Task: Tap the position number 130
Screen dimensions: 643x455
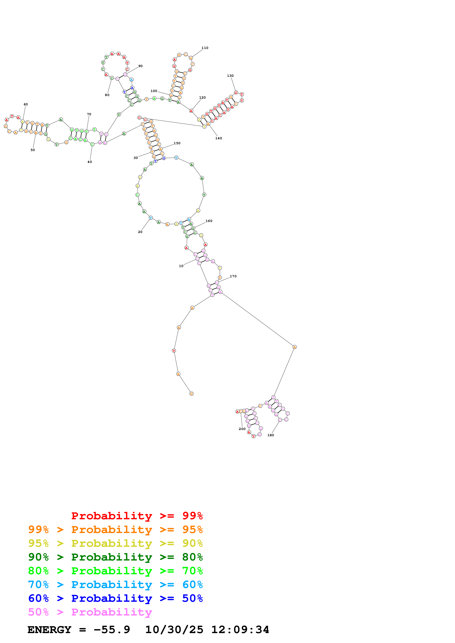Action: coord(230,76)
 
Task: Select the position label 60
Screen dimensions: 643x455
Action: coord(26,104)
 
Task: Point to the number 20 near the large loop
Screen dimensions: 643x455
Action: coord(140,232)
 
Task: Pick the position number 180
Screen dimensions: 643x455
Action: coord(271,435)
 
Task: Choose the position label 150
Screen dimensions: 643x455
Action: coord(177,143)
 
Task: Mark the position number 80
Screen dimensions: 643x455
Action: coord(107,95)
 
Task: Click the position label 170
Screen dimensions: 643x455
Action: coord(233,276)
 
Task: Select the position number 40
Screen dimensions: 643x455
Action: coord(90,162)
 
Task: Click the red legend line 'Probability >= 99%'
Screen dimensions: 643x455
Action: coord(137,516)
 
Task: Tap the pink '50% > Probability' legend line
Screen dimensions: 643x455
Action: coord(90,612)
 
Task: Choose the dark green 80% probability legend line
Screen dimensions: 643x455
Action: coord(115,557)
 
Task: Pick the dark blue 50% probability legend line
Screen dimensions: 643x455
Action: coord(115,598)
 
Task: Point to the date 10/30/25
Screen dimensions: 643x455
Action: coord(174,630)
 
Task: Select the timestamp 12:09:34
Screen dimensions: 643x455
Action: coord(240,630)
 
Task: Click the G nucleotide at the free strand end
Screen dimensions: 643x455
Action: coord(191,394)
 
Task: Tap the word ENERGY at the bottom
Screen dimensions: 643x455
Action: coord(49,630)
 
